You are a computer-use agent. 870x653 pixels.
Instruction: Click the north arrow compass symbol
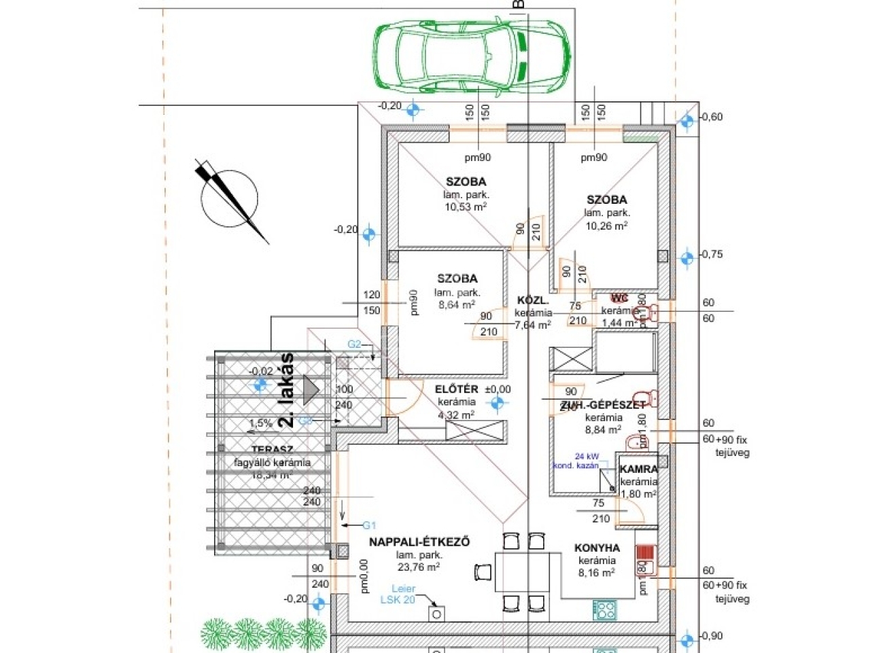[230, 200]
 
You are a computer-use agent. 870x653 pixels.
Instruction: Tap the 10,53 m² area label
[466, 207]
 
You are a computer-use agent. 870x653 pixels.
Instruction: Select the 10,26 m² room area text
[606, 226]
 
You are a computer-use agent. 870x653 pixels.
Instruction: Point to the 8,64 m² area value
[457, 305]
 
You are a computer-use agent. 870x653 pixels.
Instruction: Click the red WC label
[619, 298]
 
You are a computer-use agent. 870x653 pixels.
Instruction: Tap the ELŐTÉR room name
[457, 389]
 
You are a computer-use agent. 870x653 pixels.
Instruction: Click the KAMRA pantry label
[638, 469]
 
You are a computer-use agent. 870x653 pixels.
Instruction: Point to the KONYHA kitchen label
[597, 548]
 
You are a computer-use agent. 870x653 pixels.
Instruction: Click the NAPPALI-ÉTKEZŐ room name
[419, 542]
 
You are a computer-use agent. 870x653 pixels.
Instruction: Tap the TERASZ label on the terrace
[272, 449]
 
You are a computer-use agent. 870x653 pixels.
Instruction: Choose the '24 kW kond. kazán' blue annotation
[577, 461]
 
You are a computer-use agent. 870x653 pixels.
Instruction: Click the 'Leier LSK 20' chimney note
[398, 594]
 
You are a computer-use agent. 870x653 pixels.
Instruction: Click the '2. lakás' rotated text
[286, 389]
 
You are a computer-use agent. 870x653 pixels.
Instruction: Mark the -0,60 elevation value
[712, 117]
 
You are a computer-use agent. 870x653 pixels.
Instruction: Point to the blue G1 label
[369, 525]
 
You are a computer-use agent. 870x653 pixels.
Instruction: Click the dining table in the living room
[522, 572]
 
